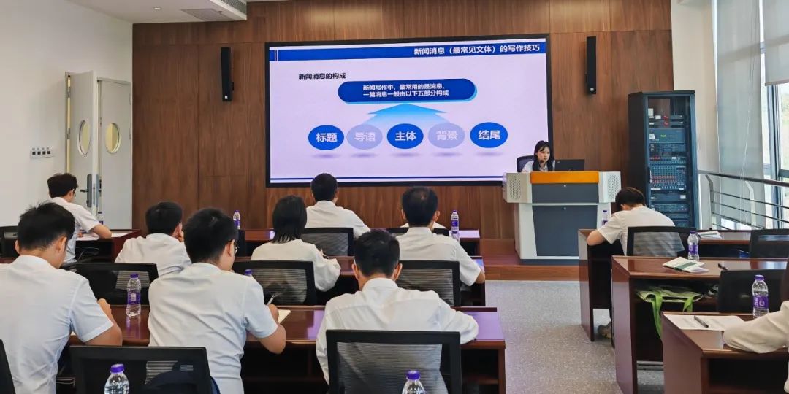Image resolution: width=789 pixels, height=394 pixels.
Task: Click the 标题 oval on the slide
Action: tap(326, 137)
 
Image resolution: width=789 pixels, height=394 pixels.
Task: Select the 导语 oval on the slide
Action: tap(365, 136)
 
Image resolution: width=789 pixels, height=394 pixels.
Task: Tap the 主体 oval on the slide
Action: tap(405, 136)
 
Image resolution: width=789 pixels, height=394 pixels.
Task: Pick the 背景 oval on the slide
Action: tap(446, 136)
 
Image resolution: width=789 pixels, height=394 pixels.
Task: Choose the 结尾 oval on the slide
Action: tap(489, 135)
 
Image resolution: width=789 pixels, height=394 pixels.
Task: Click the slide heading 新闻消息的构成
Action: tap(321, 76)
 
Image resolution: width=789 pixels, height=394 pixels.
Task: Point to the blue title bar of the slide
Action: tap(408, 50)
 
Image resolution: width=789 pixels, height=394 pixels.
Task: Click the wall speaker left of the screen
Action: tap(226, 73)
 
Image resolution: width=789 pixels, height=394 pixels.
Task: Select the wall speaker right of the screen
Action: tap(590, 65)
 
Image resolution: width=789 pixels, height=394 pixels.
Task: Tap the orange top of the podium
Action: tap(564, 177)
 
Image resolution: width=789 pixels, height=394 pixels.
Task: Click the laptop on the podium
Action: tap(570, 166)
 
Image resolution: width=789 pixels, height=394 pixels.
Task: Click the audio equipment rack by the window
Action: tap(663, 157)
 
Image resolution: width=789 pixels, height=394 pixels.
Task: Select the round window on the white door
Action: tap(113, 138)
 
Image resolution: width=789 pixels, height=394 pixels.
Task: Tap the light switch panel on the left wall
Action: tap(41, 152)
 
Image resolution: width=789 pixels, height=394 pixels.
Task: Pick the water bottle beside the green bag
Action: tap(760, 295)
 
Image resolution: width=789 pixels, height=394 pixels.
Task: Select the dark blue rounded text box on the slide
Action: tap(406, 90)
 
